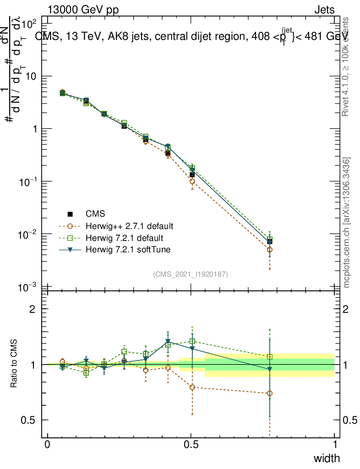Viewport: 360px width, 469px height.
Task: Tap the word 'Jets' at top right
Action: [324, 10]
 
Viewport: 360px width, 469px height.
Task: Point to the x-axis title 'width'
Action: [327, 458]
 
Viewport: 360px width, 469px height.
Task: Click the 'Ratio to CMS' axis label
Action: [14, 365]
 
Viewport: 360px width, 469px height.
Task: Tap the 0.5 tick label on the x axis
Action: [191, 445]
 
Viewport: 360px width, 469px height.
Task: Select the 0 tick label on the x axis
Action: [48, 445]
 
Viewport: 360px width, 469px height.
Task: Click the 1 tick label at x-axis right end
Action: [335, 445]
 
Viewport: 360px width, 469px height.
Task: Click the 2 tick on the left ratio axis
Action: [33, 309]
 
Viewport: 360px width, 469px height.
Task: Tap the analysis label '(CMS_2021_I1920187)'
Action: [191, 274]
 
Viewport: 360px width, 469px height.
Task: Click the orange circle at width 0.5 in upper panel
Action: [192, 181]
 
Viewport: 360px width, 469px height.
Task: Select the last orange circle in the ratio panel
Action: [270, 393]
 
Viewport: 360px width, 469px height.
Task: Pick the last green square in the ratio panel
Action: [270, 357]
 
